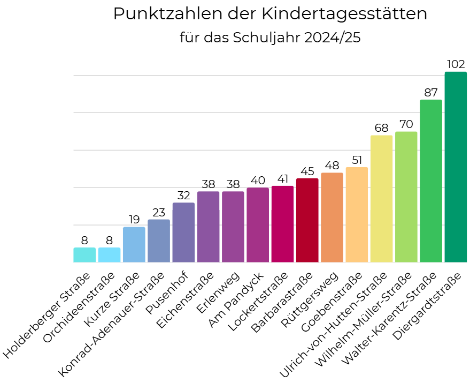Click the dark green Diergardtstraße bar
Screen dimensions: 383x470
456,167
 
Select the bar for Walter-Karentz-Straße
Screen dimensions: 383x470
431,181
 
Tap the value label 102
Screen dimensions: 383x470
456,64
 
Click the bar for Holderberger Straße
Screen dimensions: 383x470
84,255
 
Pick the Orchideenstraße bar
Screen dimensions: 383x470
109,255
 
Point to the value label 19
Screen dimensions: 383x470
134,220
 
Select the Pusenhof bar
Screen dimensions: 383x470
183,232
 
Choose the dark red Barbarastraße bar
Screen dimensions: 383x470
307,220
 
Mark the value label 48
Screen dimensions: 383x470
332,166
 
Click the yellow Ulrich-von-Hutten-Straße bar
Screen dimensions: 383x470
381,199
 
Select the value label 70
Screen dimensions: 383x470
406,124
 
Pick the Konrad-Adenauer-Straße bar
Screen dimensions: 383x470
159,241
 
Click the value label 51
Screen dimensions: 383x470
357,160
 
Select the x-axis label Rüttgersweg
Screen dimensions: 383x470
311,301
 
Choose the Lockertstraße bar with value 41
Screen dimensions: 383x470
282,224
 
